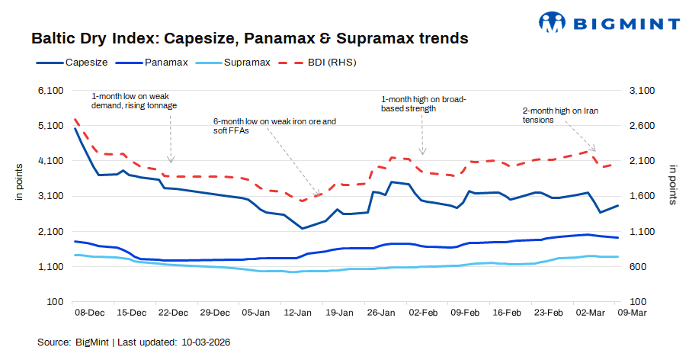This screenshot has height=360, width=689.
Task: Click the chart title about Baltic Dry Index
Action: [249, 37]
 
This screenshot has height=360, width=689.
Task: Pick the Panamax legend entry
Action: [164, 62]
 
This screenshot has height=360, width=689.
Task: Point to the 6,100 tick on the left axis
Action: [49, 91]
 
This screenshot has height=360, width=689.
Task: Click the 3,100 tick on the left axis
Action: [49, 196]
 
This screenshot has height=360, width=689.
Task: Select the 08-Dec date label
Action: [89, 313]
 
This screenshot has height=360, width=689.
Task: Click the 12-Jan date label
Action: [296, 313]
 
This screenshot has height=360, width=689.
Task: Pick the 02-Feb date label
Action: [423, 313]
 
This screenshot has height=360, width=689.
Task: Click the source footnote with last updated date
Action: [134, 342]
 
